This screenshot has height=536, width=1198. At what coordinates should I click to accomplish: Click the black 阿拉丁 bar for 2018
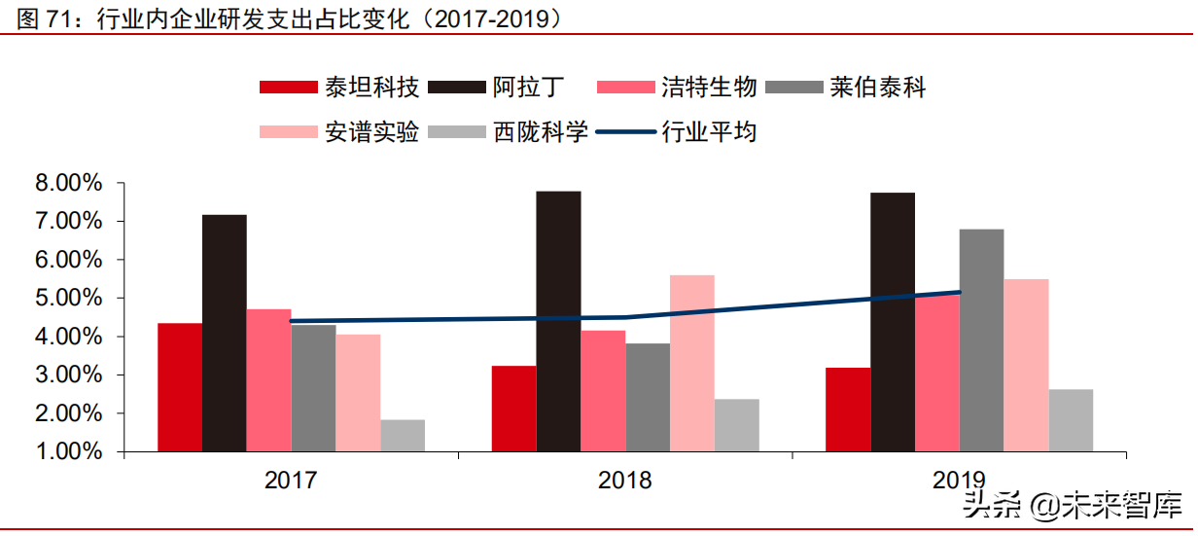click(x=558, y=321)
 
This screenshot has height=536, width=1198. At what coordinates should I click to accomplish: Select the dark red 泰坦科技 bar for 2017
click(x=180, y=387)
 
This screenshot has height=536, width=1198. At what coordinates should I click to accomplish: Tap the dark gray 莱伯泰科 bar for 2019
click(x=981, y=340)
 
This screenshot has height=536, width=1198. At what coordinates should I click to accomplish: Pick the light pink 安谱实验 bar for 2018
click(x=692, y=363)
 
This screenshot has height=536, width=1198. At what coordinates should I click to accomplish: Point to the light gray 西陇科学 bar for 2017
click(x=403, y=435)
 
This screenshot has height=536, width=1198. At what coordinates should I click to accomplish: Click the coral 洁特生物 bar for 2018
click(x=603, y=391)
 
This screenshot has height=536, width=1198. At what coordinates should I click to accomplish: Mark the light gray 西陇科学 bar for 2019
click(x=1071, y=420)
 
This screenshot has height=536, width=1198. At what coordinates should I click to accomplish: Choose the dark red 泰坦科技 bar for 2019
click(x=848, y=410)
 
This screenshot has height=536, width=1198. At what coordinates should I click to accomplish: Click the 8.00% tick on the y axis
click(x=69, y=183)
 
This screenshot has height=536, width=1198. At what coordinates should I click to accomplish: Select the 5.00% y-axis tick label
click(x=69, y=298)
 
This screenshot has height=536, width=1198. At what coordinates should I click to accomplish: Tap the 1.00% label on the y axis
click(x=69, y=451)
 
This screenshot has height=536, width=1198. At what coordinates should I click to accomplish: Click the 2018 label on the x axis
click(x=625, y=480)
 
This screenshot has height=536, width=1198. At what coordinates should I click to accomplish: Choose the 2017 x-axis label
click(x=291, y=480)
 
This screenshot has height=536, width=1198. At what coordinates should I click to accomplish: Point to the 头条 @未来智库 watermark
click(x=1071, y=506)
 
